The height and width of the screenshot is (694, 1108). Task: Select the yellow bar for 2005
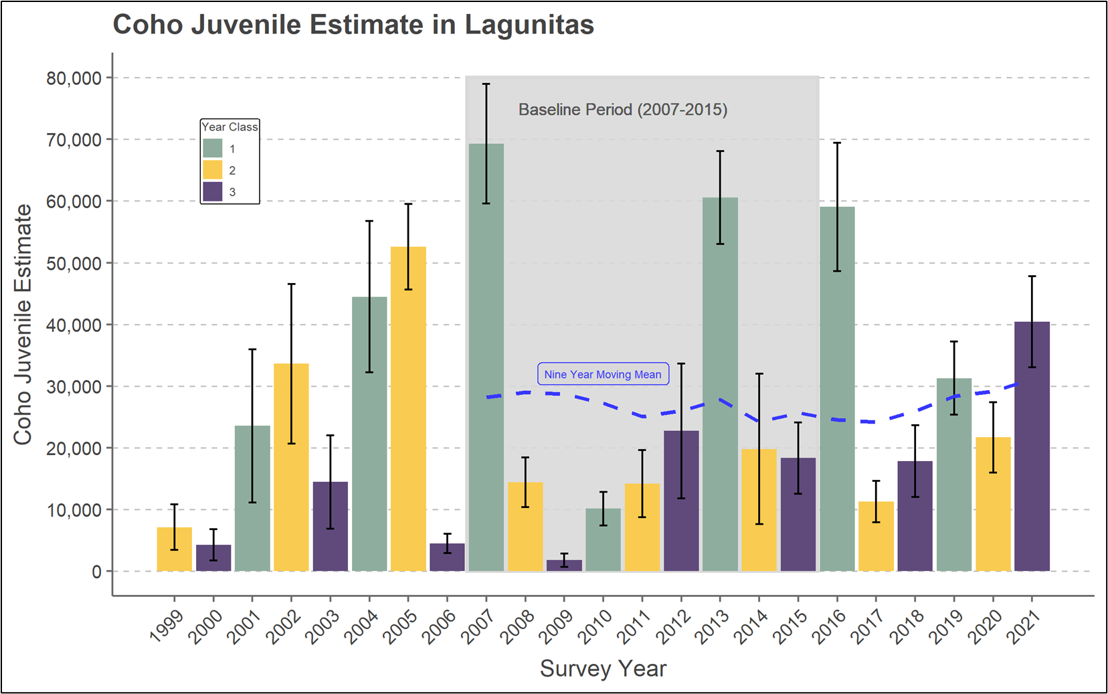pos(408,409)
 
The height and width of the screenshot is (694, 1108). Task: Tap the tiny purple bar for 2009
pos(564,566)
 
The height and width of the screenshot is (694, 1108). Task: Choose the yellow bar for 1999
pos(175,549)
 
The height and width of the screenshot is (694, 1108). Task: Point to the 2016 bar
pos(837,389)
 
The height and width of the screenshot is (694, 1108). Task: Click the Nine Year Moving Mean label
pos(603,374)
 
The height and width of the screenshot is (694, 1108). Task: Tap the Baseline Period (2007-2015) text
pos(623,110)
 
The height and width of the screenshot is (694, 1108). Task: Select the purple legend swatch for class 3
pos(213,192)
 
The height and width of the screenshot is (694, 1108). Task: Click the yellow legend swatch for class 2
pos(213,170)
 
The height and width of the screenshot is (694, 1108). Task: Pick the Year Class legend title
pos(229,126)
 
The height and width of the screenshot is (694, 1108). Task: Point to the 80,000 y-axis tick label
pos(74,78)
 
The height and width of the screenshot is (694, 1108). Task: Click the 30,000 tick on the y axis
pos(74,387)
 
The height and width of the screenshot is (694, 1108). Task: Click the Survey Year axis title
pos(603,669)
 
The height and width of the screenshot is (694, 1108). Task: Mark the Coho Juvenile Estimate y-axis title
pos(23,325)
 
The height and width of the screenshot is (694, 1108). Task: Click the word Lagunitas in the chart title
pos(529,25)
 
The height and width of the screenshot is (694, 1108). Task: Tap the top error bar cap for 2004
pos(369,221)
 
